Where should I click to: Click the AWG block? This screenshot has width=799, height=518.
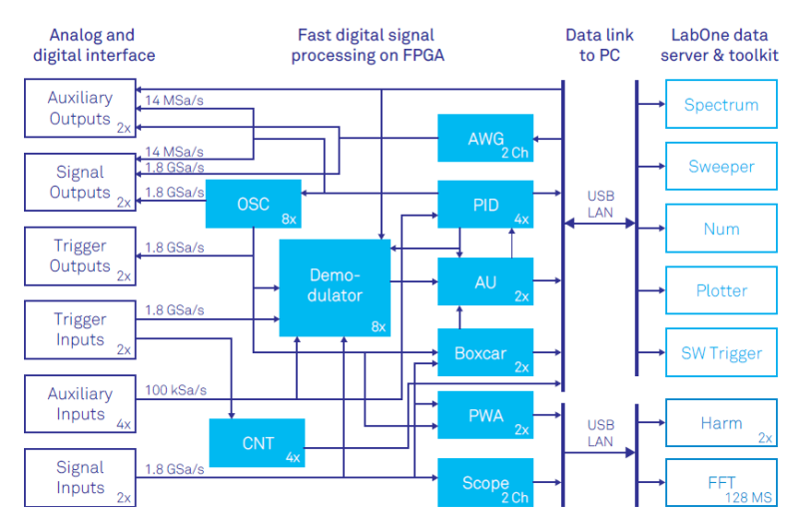[x=485, y=139]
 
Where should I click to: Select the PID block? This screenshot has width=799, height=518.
[x=485, y=206]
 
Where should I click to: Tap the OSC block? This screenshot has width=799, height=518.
[x=253, y=204]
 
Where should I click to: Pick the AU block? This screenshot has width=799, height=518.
[x=485, y=281]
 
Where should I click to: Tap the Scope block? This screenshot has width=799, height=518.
[x=485, y=483]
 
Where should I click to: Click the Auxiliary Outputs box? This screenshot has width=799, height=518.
[x=80, y=109]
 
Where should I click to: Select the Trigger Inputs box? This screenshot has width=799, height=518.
[x=80, y=330]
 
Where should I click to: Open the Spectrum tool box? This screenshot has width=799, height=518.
[x=721, y=105]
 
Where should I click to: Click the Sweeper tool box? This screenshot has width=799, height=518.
[x=721, y=167]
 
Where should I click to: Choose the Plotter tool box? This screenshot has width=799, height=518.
[x=721, y=290]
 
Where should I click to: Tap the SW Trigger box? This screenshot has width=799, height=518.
[x=721, y=352]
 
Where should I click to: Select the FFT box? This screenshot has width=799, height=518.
[x=721, y=483]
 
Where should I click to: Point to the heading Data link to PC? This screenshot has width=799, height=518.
[x=599, y=45]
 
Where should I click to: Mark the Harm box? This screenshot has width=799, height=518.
[x=721, y=423]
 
